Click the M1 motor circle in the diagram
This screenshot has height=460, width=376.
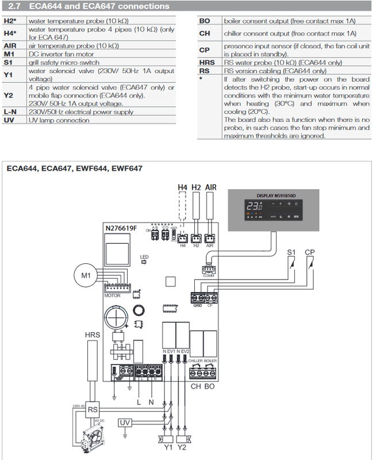86,277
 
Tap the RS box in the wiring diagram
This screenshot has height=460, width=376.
93,411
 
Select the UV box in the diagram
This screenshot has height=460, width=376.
125,424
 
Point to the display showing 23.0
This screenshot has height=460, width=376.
254,206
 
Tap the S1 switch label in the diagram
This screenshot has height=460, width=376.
291,252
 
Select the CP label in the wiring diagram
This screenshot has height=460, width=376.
310,252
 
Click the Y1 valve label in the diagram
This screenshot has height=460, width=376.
167,447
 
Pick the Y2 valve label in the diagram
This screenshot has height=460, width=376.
182,447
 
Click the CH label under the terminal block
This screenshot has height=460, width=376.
195,387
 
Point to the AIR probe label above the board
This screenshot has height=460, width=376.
210,187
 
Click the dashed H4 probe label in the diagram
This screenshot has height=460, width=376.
182,187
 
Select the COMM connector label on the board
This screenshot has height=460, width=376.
208,277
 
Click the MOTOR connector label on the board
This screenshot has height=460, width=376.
112,296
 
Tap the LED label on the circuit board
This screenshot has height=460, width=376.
144,256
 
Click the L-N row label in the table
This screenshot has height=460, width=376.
10,113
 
